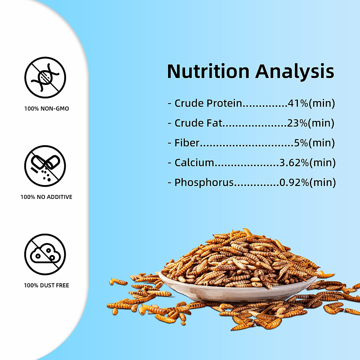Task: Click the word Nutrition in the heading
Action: (208, 71)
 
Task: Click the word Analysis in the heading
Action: (295, 72)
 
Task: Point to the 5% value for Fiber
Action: (301, 143)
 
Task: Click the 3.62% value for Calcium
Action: (294, 163)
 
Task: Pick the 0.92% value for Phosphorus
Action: (294, 182)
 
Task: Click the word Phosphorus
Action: (204, 183)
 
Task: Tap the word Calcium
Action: (194, 163)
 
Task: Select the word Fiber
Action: (187, 143)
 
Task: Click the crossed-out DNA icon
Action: (45, 77)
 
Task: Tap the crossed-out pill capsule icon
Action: (45, 166)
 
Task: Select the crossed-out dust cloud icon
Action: (45, 254)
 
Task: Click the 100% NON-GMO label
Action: (46, 109)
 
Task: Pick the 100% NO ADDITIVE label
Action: (46, 197)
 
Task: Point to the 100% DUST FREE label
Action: (46, 285)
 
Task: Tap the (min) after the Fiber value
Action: (322, 143)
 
